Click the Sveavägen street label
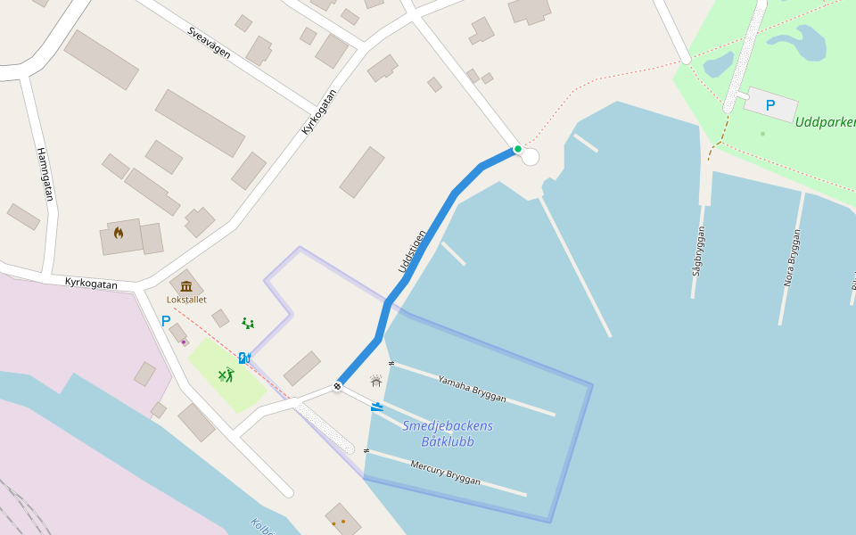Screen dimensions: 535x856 [x=209, y=43]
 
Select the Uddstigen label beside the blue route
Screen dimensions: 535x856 [x=412, y=251]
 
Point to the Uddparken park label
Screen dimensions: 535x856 [x=825, y=122]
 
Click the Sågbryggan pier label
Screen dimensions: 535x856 [x=699, y=251]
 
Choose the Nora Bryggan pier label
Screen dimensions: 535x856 [x=792, y=258]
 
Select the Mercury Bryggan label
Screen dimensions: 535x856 [x=445, y=473]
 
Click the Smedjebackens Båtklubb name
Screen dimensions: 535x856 [x=448, y=433]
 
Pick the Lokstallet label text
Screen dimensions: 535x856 [x=186, y=300]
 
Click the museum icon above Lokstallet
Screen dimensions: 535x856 [x=186, y=286]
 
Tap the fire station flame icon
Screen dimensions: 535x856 [x=119, y=233]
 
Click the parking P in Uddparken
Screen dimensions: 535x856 [x=770, y=105]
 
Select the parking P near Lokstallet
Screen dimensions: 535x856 [x=166, y=320]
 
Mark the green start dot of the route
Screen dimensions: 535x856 [x=518, y=149]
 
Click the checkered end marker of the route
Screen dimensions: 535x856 [x=337, y=386]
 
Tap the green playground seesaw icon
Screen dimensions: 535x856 [x=248, y=323]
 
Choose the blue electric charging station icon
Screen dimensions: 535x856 [x=244, y=358]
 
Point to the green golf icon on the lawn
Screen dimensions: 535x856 [x=226, y=375]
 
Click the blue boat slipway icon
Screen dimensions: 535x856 [x=377, y=407]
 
